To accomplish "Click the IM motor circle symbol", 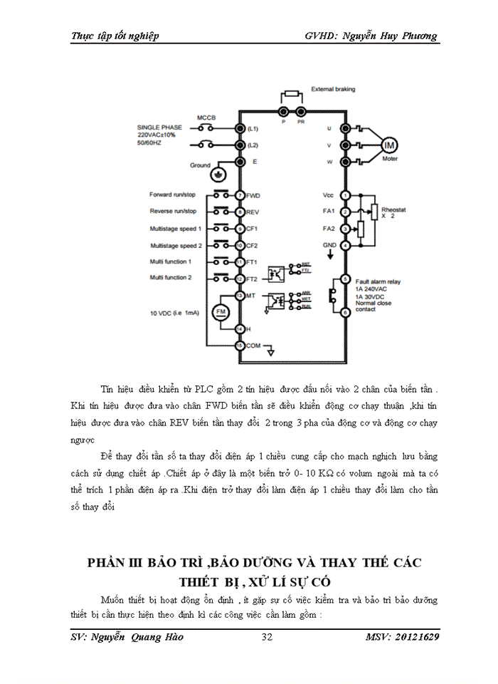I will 389,145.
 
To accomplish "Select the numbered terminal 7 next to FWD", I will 240,195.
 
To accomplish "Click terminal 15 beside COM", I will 240,346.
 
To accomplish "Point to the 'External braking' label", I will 333,89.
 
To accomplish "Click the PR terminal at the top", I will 301,112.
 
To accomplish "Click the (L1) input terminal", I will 240,128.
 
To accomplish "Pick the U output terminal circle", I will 345,128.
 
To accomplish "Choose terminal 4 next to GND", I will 345,245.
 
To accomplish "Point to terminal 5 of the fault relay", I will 345,279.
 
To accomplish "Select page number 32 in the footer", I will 267,636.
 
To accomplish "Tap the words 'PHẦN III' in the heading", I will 117,562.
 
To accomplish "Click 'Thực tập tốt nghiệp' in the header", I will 115,36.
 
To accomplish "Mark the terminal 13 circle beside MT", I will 240,295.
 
